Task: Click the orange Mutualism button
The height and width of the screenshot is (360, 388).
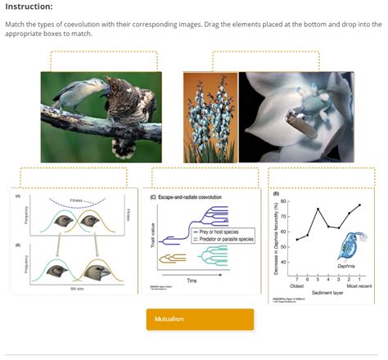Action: [188, 319]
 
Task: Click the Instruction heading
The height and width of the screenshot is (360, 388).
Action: [29, 7]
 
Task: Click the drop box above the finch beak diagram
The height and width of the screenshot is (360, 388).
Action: [73, 178]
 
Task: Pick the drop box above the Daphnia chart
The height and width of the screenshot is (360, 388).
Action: [322, 178]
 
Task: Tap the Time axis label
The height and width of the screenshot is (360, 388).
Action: [192, 280]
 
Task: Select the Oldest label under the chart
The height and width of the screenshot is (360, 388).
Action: [297, 286]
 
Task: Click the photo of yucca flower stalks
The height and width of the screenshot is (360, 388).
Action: [210, 116]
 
